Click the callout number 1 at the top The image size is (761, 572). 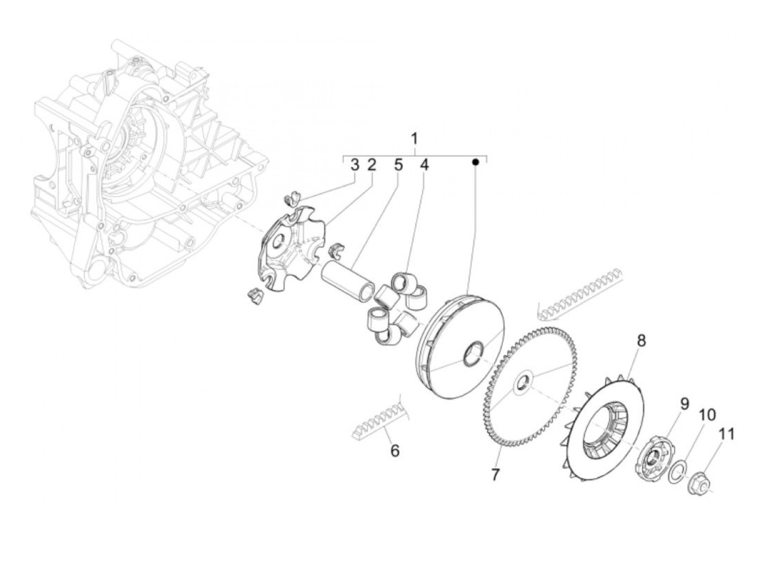(414, 138)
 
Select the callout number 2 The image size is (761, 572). (372, 164)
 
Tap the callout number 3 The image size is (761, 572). (354, 164)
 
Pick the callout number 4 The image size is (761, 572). (424, 164)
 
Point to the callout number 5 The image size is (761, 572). (398, 164)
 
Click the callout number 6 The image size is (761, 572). (395, 451)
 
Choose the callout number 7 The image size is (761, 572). (495, 474)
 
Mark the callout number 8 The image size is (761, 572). (641, 341)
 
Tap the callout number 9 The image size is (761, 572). (684, 403)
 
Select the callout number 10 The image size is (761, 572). (707, 415)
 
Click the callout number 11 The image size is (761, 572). (727, 434)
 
